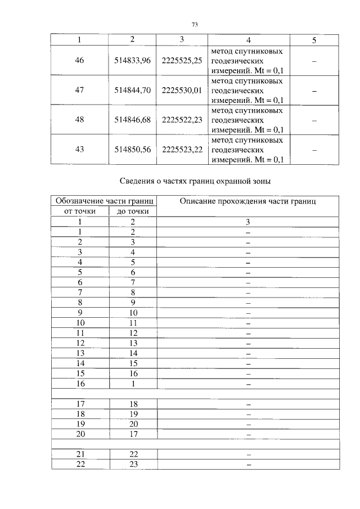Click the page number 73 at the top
pyautogui.click(x=195, y=25)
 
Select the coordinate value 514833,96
pyautogui.click(x=132, y=61)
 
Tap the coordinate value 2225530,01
pyautogui.click(x=181, y=91)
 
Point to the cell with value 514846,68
pyautogui.click(x=132, y=120)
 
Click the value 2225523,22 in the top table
pyautogui.click(x=181, y=150)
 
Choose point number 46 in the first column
pyautogui.click(x=79, y=61)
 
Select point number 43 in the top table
pyautogui.click(x=79, y=150)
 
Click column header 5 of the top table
pyautogui.click(x=314, y=39)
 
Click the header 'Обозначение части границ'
pyautogui.click(x=104, y=201)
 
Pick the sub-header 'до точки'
pyautogui.click(x=133, y=211)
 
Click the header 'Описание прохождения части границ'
pyautogui.click(x=247, y=201)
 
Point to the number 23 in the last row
pyautogui.click(x=133, y=465)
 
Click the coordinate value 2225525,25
pyautogui.click(x=181, y=61)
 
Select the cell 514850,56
pyautogui.click(x=132, y=150)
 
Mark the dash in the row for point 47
pyautogui.click(x=314, y=91)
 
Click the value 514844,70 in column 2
pyautogui.click(x=132, y=91)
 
